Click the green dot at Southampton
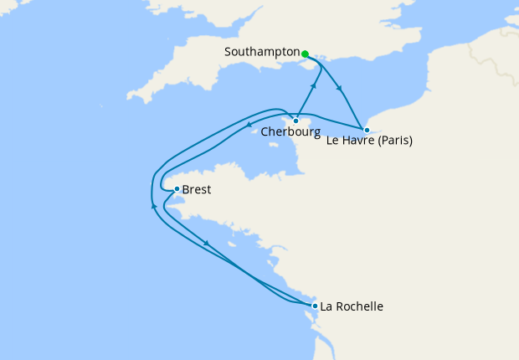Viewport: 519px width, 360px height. coord(305,54)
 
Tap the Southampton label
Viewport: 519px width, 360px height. coord(262,52)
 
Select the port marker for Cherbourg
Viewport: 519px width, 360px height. coord(295,121)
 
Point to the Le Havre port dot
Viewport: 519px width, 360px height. coord(367,130)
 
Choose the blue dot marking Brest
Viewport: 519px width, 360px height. coord(177,189)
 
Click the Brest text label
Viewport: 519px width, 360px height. coord(197,190)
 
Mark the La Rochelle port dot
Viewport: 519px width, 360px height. coord(315,306)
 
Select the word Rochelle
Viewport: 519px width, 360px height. coord(361,306)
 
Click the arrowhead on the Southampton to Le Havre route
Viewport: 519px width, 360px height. coord(339,88)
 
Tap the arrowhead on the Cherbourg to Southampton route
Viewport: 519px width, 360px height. coord(314,86)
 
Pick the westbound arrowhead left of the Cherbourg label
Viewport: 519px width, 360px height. coord(253,127)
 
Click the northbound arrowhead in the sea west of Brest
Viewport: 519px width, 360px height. coord(153,205)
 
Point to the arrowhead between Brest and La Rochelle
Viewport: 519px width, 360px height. coord(206,244)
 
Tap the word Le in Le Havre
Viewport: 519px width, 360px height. coord(332,141)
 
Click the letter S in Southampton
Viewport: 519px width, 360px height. coord(229,52)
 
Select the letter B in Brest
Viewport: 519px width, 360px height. coord(186,190)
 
